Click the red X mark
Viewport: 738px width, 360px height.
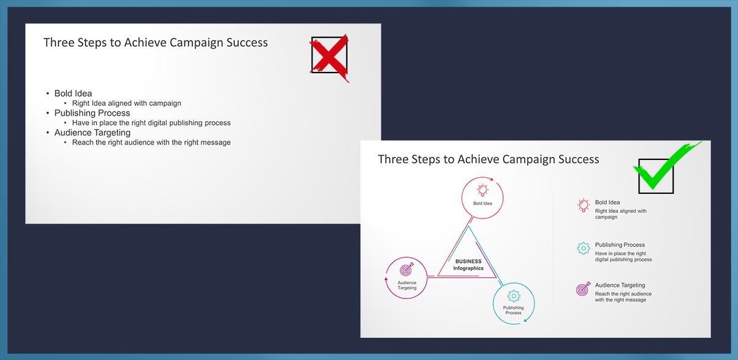[329, 58]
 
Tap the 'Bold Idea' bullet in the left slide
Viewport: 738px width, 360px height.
[73, 94]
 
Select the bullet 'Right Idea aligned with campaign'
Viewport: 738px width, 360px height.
[127, 103]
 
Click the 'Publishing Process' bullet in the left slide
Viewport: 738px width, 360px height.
[92, 113]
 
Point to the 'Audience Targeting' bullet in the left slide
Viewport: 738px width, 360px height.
[92, 132]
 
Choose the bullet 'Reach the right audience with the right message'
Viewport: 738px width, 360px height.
[151, 142]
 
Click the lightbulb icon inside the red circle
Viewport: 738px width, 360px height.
[482, 190]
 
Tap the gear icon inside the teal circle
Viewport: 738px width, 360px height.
[514, 296]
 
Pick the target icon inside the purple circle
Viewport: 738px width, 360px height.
[407, 270]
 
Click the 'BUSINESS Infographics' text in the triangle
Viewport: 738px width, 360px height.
[468, 265]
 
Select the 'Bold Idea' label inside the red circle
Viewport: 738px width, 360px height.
[483, 204]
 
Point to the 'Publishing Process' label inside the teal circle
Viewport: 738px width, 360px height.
[514, 310]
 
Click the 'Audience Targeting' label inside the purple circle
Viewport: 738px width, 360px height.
[407, 285]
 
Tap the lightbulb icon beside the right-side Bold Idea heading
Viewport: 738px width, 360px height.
[584, 206]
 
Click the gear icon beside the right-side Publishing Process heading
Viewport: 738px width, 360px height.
[584, 248]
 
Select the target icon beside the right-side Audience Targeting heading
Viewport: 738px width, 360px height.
[583, 289]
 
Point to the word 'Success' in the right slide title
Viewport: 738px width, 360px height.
[579, 159]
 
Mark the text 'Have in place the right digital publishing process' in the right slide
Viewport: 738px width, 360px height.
[624, 257]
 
